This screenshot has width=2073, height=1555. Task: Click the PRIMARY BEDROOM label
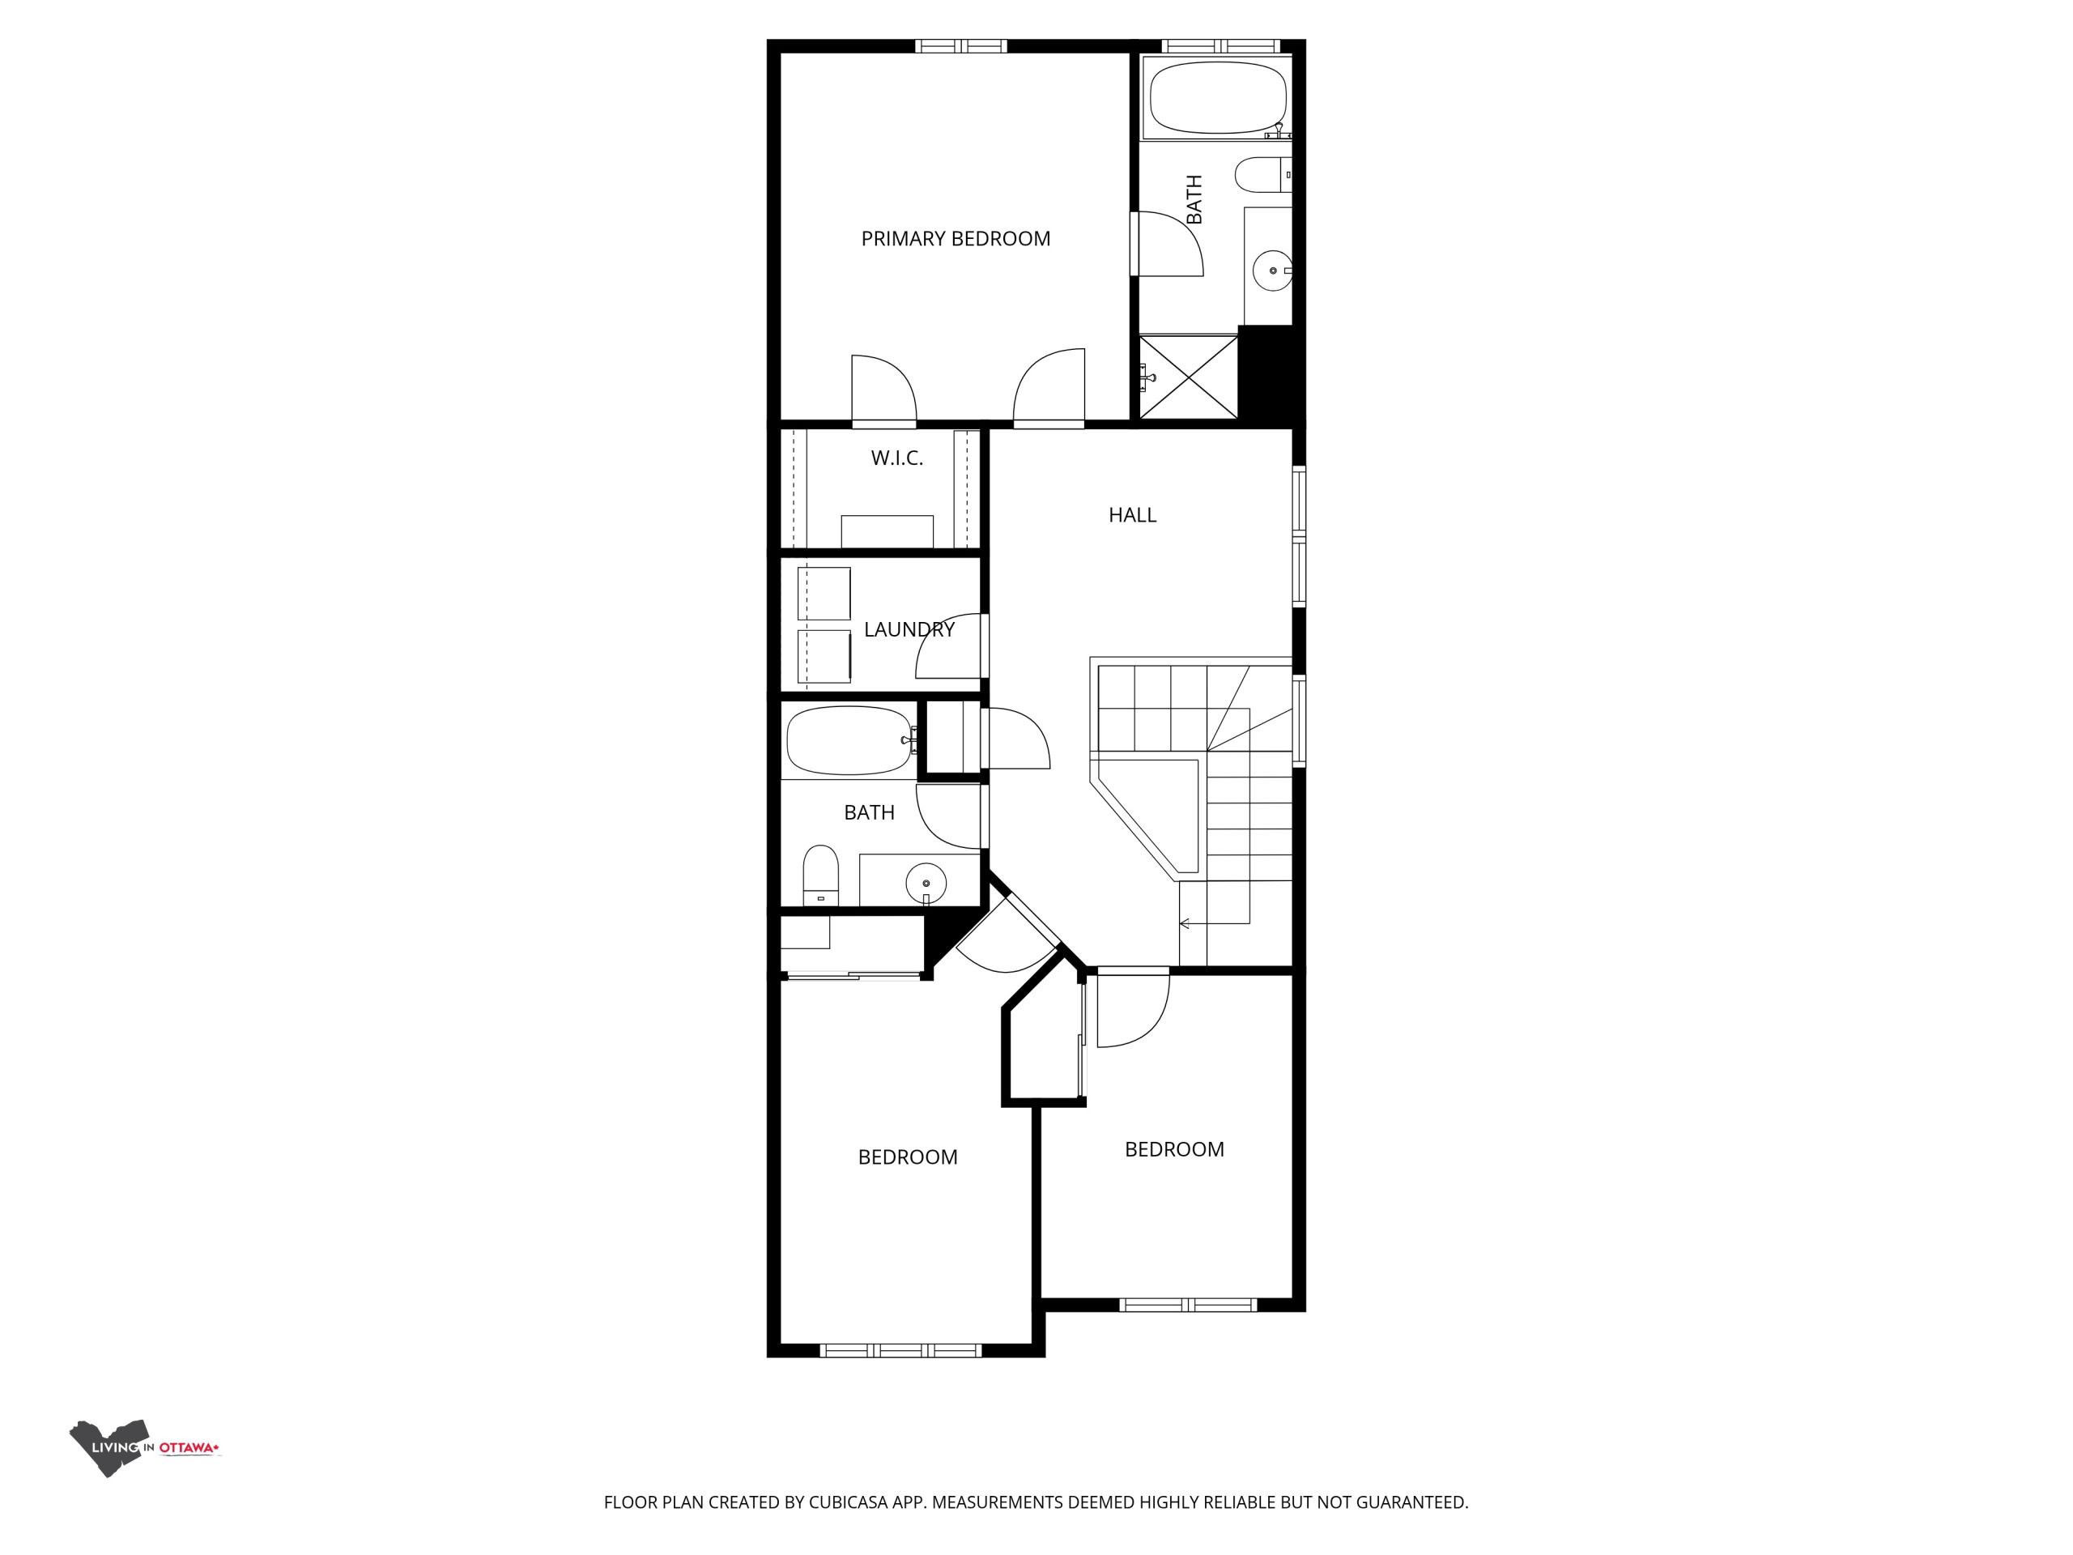pyautogui.click(x=955, y=239)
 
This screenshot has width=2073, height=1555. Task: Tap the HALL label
pyautogui.click(x=1132, y=514)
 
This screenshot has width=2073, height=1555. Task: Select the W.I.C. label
pyautogui.click(x=897, y=458)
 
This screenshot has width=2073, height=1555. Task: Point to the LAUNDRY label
pyautogui.click(x=909, y=629)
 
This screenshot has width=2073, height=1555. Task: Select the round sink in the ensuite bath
pyautogui.click(x=1273, y=271)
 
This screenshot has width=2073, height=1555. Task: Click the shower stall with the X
pyautogui.click(x=1188, y=377)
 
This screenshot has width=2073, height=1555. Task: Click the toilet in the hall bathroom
pyautogui.click(x=821, y=875)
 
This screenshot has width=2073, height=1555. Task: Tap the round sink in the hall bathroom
pyautogui.click(x=926, y=883)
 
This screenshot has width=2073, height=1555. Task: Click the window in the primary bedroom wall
pyautogui.click(x=960, y=45)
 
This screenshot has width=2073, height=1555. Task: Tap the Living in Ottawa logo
pyautogui.click(x=145, y=1447)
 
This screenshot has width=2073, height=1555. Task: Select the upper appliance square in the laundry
pyautogui.click(x=824, y=594)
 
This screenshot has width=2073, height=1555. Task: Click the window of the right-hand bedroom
pyautogui.click(x=1188, y=1305)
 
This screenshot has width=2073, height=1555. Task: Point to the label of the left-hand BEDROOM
pyautogui.click(x=907, y=1157)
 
